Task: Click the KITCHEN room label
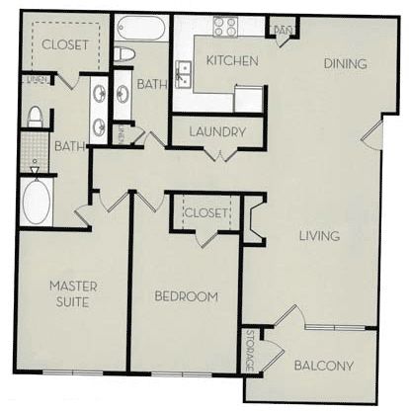click(232, 61)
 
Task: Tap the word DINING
click(345, 64)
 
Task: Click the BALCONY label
click(324, 366)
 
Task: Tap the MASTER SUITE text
click(71, 293)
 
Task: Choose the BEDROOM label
click(186, 295)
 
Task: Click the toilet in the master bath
click(35, 117)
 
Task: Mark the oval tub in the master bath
click(36, 203)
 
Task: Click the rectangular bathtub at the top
click(138, 27)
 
